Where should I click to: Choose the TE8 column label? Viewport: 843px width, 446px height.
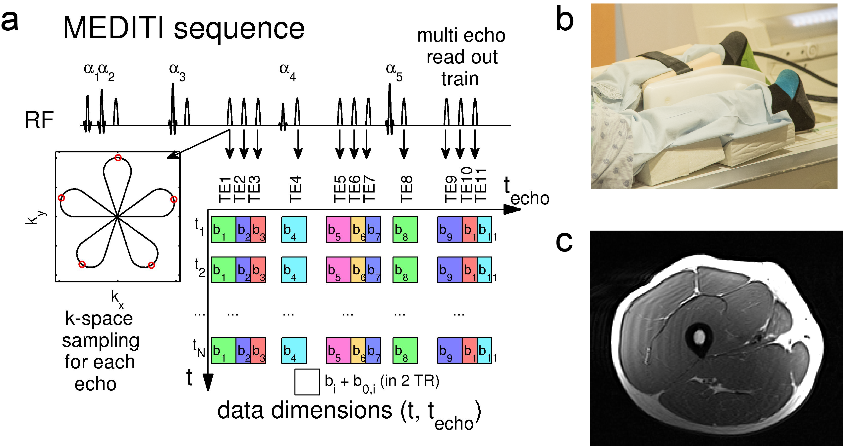click(x=406, y=189)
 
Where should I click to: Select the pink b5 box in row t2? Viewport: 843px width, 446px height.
click(x=338, y=270)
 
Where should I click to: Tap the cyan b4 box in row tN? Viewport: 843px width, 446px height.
click(x=294, y=351)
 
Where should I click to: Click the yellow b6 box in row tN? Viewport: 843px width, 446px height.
click(x=358, y=351)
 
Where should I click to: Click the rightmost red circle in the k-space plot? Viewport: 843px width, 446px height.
click(x=174, y=199)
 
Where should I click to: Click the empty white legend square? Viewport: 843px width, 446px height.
click(x=307, y=382)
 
